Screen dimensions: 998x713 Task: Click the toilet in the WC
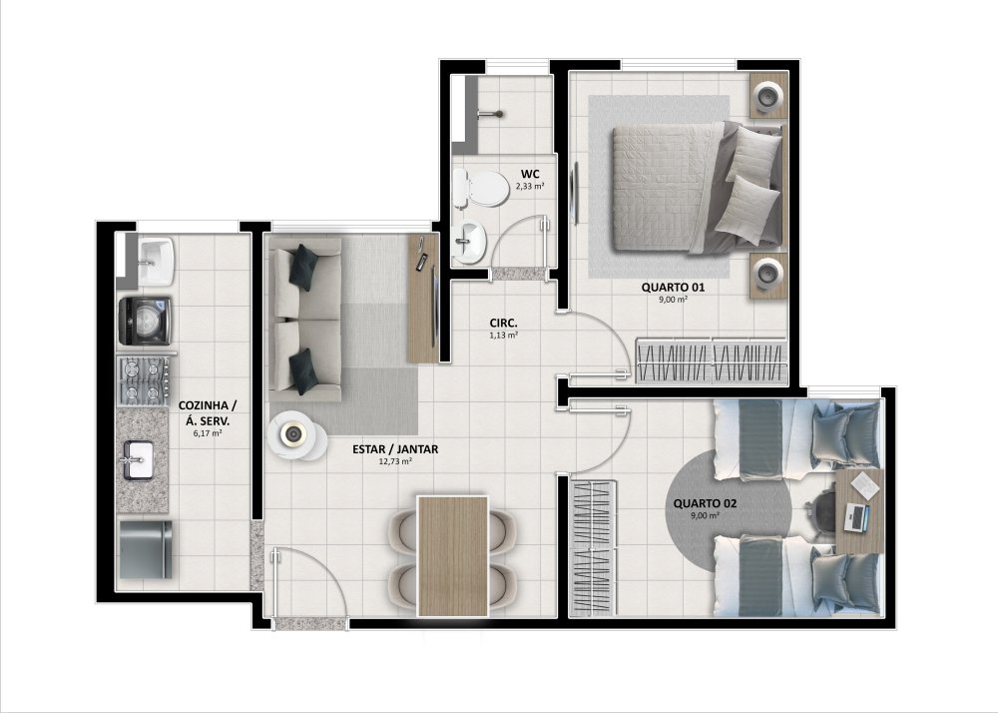(x=481, y=189)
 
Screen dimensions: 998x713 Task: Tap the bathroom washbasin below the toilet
(x=470, y=242)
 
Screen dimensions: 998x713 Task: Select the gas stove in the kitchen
(x=144, y=380)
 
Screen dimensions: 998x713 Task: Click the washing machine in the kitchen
(x=145, y=321)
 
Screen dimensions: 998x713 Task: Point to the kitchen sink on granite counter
(x=138, y=459)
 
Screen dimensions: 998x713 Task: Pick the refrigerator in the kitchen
(x=146, y=550)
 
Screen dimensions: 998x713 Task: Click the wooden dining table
(x=452, y=556)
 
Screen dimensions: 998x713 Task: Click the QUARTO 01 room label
(x=673, y=288)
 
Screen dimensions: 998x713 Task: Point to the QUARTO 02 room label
(x=705, y=503)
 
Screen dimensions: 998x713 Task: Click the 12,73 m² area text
(x=395, y=461)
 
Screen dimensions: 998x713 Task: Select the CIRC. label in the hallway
(x=503, y=323)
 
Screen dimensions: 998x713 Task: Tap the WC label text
(x=530, y=175)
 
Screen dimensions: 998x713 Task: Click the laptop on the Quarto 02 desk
(x=856, y=516)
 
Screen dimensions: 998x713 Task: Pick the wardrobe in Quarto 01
(x=711, y=360)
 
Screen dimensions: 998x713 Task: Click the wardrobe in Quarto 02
(x=593, y=548)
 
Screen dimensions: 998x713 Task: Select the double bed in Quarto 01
(x=698, y=186)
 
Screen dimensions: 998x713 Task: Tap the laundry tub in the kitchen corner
(x=156, y=262)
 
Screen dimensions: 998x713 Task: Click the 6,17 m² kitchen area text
(x=208, y=433)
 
